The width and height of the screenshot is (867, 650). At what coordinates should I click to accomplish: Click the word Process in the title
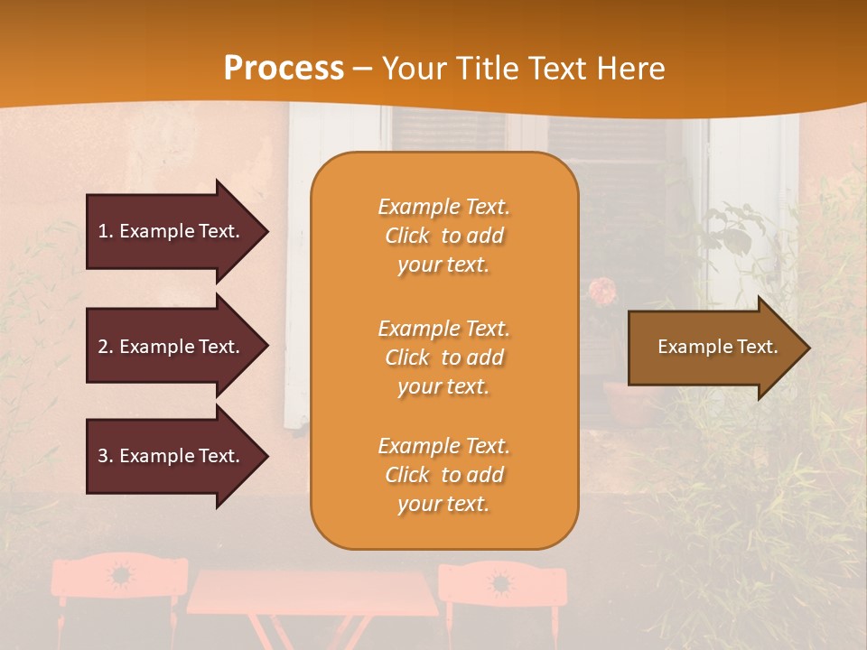(x=284, y=69)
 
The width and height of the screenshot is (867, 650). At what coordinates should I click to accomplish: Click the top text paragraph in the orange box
(x=443, y=236)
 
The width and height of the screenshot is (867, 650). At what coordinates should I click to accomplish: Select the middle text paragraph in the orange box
(x=443, y=357)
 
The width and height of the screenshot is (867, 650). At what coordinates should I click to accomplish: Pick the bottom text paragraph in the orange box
(x=443, y=475)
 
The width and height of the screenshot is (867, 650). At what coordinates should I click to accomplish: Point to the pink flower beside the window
(x=602, y=291)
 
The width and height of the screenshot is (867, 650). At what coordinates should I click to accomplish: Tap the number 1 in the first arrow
(x=103, y=231)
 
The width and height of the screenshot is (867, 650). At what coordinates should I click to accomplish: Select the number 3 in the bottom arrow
(x=103, y=456)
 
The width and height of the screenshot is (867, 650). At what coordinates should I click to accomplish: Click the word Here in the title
(x=632, y=69)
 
